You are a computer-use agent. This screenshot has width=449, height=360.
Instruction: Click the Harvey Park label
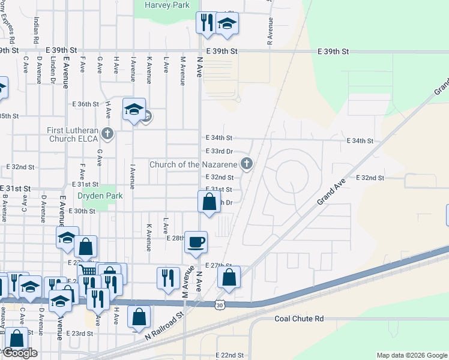click(167, 5)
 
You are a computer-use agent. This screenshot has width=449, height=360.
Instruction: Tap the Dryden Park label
click(100, 196)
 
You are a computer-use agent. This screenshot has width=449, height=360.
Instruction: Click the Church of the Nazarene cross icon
click(246, 163)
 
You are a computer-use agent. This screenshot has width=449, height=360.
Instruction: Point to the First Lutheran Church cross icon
click(107, 133)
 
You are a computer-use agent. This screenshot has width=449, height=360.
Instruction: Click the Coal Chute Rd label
click(299, 319)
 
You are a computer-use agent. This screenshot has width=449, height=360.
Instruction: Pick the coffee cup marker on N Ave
click(196, 242)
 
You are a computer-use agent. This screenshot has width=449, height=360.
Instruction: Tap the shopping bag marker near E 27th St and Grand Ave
click(229, 277)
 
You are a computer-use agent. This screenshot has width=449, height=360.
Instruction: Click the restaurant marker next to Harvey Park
click(205, 23)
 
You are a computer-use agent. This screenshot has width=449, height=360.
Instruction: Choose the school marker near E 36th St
click(133, 110)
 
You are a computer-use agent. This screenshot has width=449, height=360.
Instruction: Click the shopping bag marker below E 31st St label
click(209, 202)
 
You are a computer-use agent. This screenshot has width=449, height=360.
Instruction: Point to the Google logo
click(20, 353)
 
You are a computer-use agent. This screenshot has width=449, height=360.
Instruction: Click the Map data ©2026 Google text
click(412, 355)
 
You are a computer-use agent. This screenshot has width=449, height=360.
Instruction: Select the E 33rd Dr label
click(218, 152)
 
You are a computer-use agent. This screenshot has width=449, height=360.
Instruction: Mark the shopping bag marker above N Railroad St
click(139, 316)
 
